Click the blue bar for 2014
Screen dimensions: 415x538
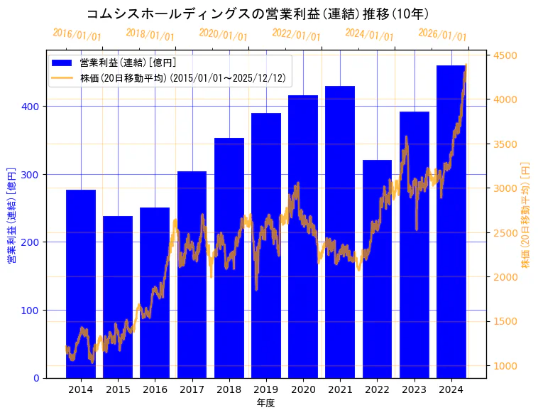(81, 284)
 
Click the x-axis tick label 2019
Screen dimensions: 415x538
(266, 389)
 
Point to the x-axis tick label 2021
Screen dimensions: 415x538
(340, 389)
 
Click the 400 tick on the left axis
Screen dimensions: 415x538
(33, 107)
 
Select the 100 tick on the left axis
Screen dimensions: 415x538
(33, 311)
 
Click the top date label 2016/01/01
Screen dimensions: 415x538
(77, 35)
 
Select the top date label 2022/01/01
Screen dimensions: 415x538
(296, 35)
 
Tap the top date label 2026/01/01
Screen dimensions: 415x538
(442, 35)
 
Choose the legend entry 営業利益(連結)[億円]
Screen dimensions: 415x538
(128, 63)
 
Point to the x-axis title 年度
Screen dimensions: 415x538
(265, 403)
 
